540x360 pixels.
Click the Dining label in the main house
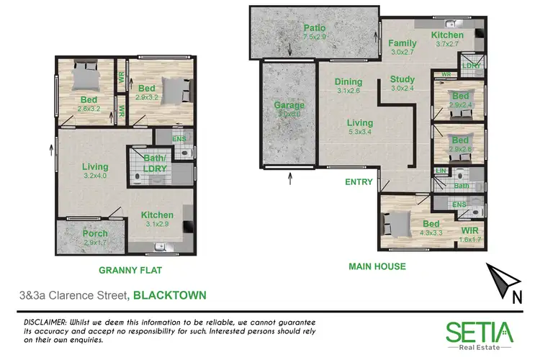(x=348, y=81)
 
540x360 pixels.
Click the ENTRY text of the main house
(x=359, y=182)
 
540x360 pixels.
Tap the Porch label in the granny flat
(x=94, y=233)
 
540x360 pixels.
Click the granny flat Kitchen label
(x=156, y=215)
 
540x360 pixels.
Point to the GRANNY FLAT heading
(x=129, y=271)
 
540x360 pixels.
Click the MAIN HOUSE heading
(x=377, y=266)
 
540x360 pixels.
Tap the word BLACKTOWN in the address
(x=170, y=294)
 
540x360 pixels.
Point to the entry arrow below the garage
(x=290, y=179)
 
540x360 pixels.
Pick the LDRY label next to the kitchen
(x=471, y=66)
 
